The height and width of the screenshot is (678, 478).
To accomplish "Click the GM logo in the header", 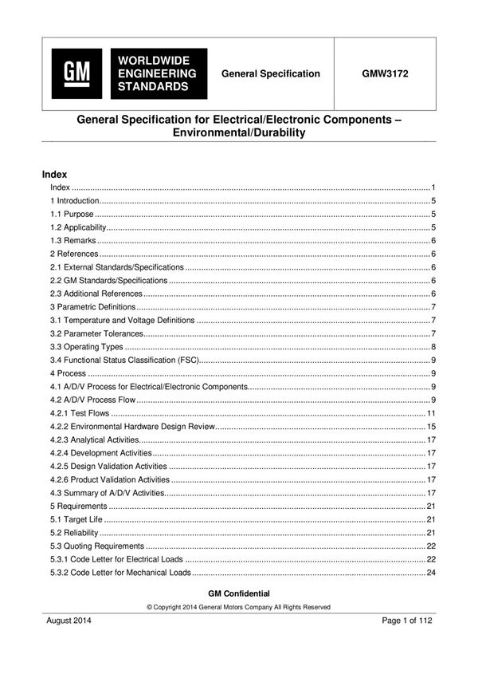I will click(x=77, y=73).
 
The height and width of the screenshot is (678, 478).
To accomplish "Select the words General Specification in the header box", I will click(x=271, y=73).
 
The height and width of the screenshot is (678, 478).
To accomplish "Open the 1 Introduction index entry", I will click(x=75, y=201).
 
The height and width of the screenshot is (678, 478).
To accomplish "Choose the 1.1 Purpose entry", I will click(x=72, y=215).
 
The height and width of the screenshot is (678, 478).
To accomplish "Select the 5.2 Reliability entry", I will click(x=75, y=533).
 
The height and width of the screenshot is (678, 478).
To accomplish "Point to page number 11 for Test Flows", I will click(x=430, y=413).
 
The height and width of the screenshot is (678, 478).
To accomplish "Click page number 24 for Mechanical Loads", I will click(x=430, y=573).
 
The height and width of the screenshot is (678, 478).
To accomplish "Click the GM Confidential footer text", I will click(x=238, y=593).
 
